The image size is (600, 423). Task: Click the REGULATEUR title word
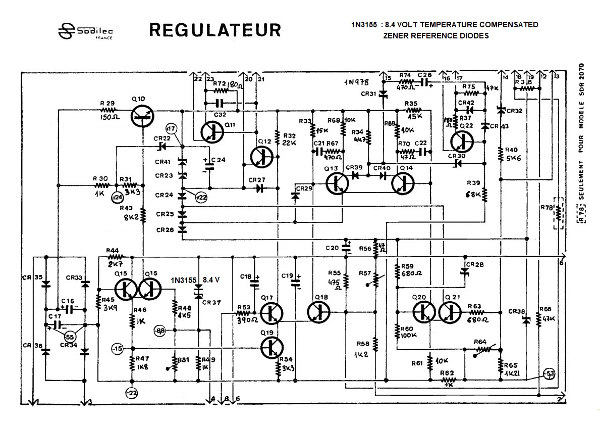[x=214, y=30]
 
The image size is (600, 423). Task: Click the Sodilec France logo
[x=85, y=31]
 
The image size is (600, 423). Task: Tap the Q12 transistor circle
[x=262, y=158]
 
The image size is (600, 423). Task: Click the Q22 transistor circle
[x=462, y=142]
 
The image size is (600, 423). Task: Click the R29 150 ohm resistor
[x=107, y=109]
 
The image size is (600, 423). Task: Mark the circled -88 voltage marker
[x=160, y=330]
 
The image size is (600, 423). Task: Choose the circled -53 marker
[x=549, y=373]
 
